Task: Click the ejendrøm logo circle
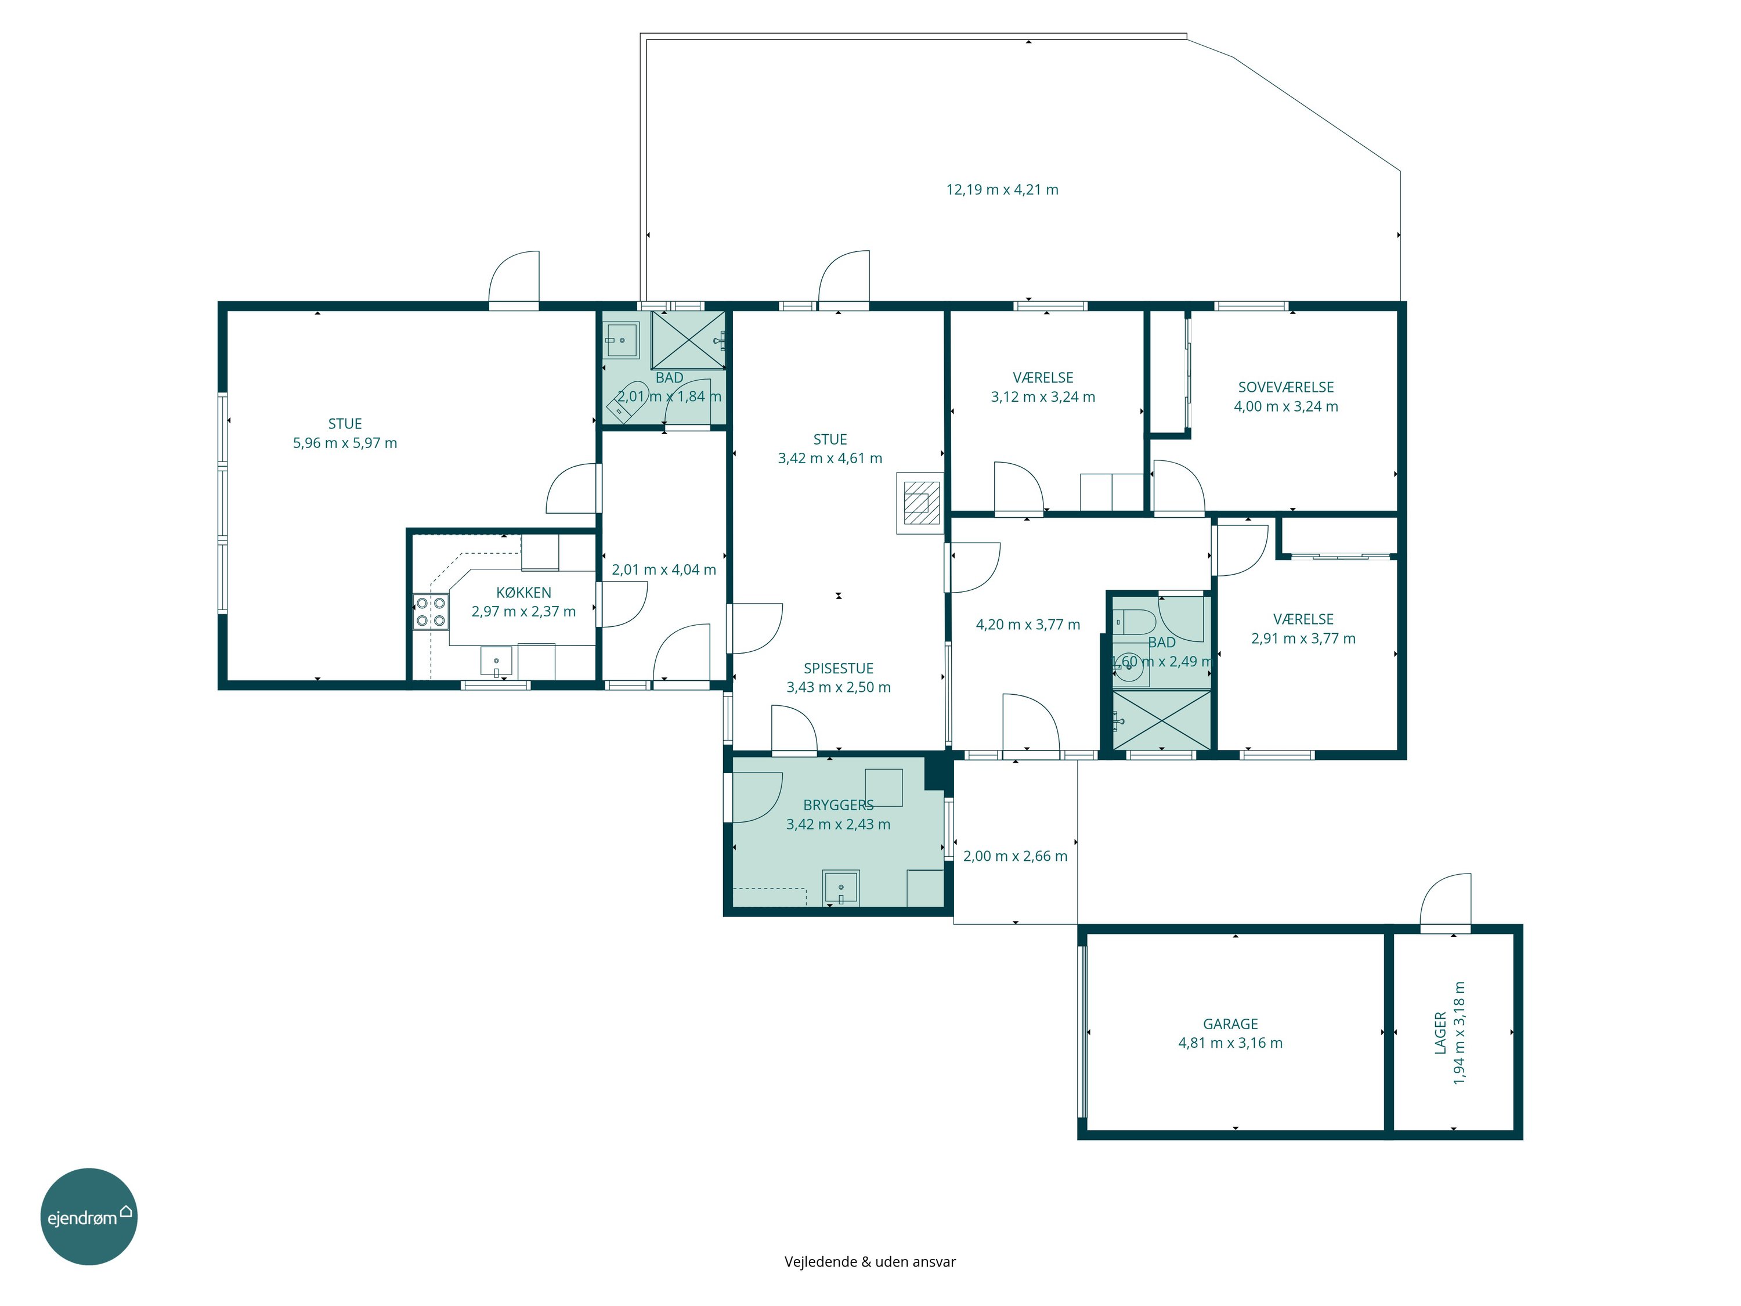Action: (x=89, y=1216)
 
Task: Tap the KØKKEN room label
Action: (x=523, y=593)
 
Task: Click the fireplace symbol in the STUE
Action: (x=919, y=503)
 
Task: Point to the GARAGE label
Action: (x=1230, y=1024)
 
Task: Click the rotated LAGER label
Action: (x=1440, y=1032)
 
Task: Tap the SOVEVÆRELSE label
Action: (x=1286, y=387)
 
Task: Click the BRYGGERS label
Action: (x=838, y=805)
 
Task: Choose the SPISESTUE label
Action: (x=838, y=668)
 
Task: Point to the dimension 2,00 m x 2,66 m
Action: (x=1016, y=856)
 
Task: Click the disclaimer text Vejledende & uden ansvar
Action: (x=870, y=1262)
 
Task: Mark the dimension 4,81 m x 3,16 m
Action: (x=1230, y=1043)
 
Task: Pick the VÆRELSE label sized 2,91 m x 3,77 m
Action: (x=1303, y=619)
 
